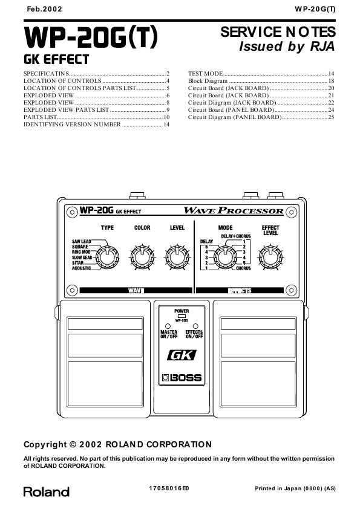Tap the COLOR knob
click(142, 257)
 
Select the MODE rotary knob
click(225, 257)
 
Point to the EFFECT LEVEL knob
click(270, 257)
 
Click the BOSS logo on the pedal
click(182, 378)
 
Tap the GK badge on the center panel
click(182, 355)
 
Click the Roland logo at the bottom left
click(46, 492)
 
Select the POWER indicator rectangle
click(182, 316)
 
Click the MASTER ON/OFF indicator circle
click(168, 326)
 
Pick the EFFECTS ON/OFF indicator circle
click(195, 326)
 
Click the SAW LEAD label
click(82, 242)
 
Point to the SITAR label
click(78, 263)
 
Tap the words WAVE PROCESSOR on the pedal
click(234, 210)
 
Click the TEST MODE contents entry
click(205, 74)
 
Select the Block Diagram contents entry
click(208, 81)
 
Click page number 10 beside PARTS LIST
click(166, 117)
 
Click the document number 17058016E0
click(169, 488)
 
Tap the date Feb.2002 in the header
click(45, 9)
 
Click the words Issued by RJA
click(287, 46)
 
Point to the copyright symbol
click(73, 444)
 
